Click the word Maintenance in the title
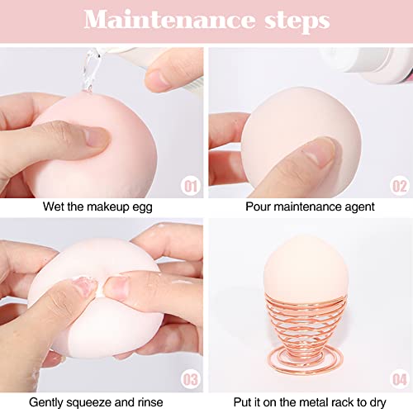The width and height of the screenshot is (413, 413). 169,19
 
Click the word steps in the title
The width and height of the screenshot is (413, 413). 297,21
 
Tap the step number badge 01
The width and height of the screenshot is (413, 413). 191,186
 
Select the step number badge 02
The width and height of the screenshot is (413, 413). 400,186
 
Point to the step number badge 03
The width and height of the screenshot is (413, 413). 191,379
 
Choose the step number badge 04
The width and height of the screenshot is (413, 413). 400,379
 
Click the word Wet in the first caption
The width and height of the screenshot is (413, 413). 54,206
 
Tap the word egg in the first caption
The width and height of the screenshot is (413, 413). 142,207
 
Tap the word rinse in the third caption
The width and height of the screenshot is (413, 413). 150,402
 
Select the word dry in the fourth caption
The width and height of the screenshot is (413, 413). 377,403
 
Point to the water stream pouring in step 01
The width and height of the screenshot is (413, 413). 90,70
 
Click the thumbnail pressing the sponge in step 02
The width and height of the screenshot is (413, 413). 320,152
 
